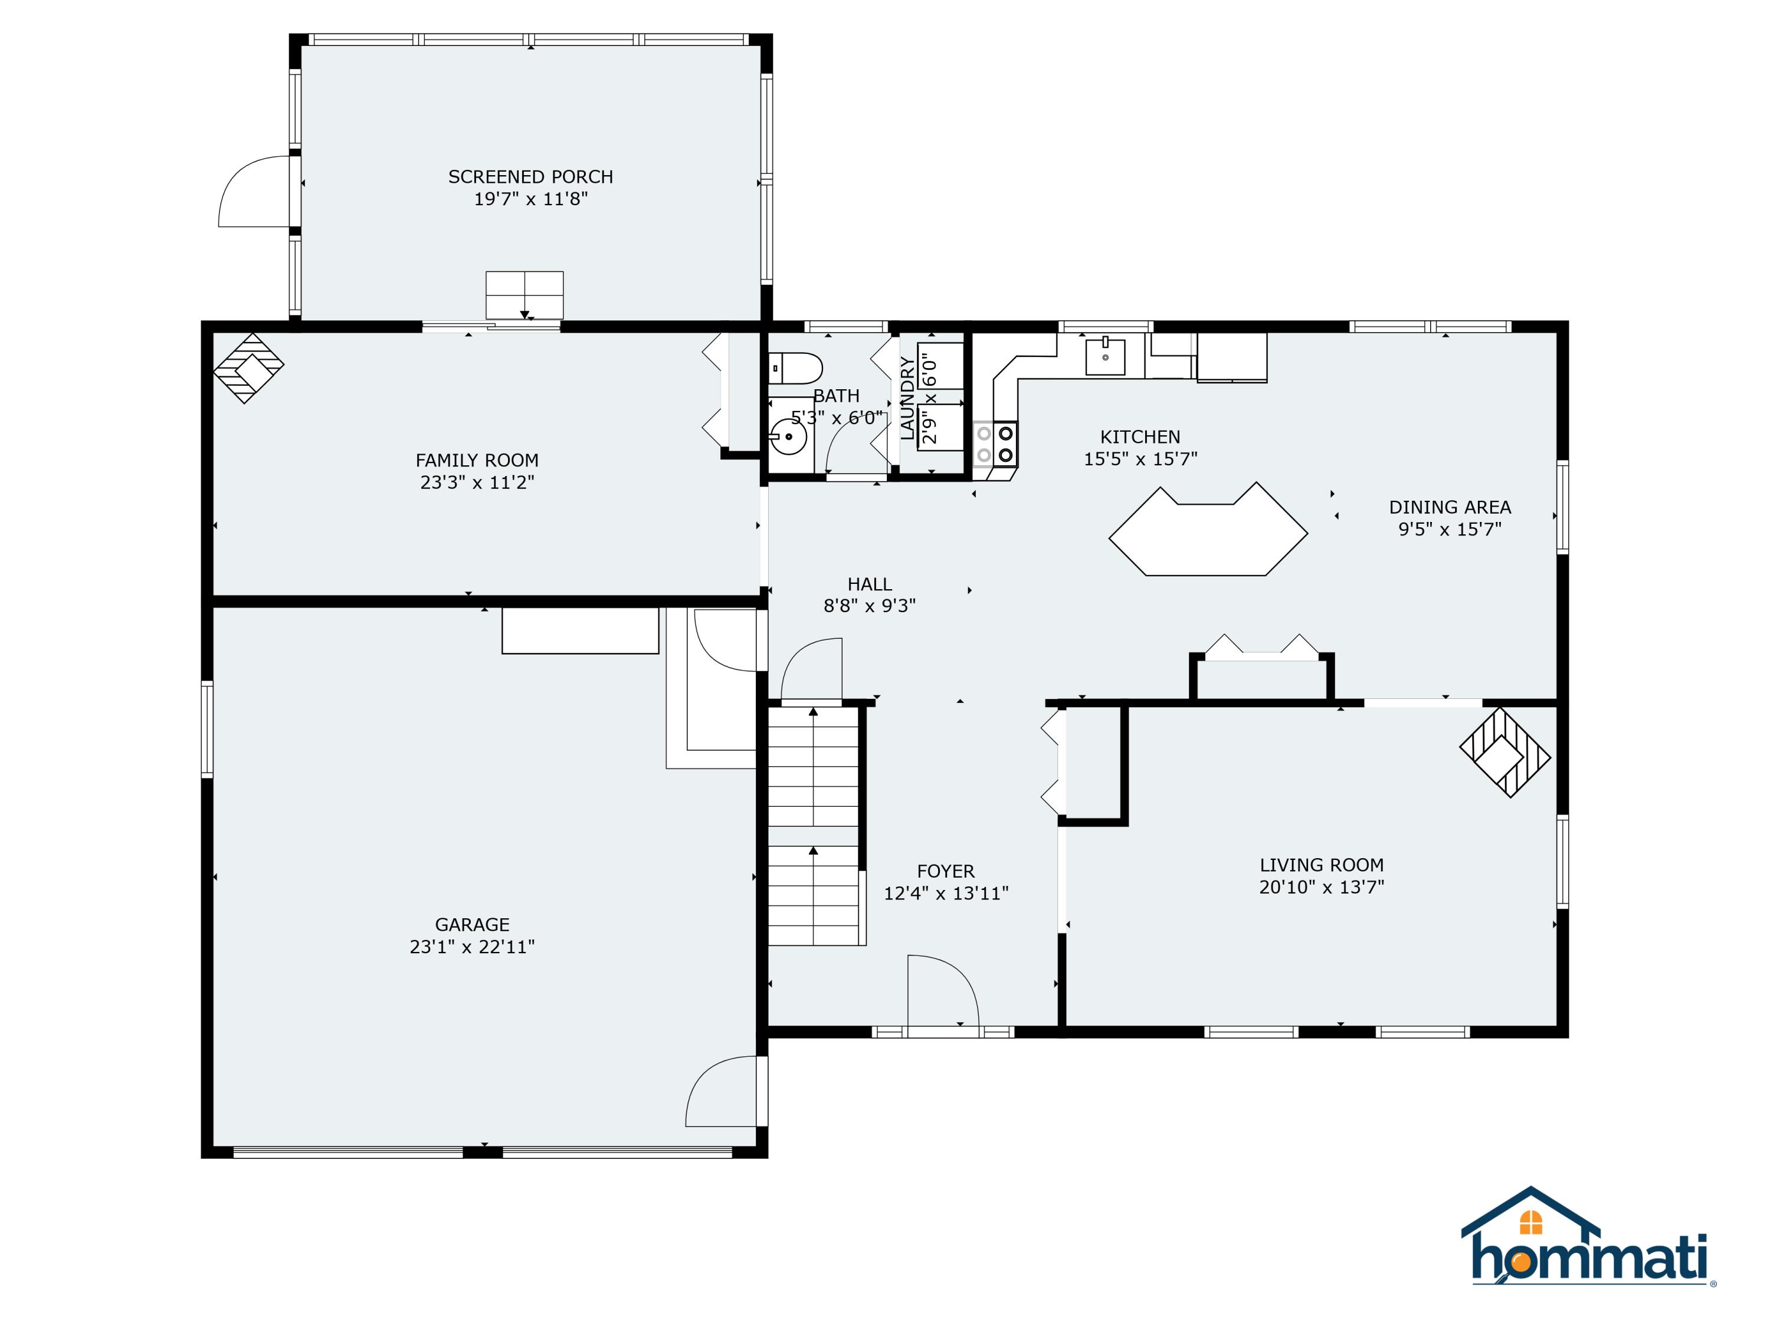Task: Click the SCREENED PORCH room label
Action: click(x=530, y=177)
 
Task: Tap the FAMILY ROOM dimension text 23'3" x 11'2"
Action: click(x=477, y=482)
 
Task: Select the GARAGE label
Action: click(x=472, y=925)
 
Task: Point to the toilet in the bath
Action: click(x=795, y=369)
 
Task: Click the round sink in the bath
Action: click(x=788, y=437)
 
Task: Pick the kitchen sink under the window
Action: click(x=1105, y=356)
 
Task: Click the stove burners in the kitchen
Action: click(x=1005, y=445)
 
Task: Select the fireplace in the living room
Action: click(x=1505, y=753)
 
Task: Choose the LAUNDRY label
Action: click(x=907, y=398)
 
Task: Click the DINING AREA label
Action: click(x=1450, y=507)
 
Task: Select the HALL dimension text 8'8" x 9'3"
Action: click(x=870, y=606)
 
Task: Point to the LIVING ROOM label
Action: click(x=1322, y=865)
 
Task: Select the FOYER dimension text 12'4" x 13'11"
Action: click(x=946, y=894)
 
